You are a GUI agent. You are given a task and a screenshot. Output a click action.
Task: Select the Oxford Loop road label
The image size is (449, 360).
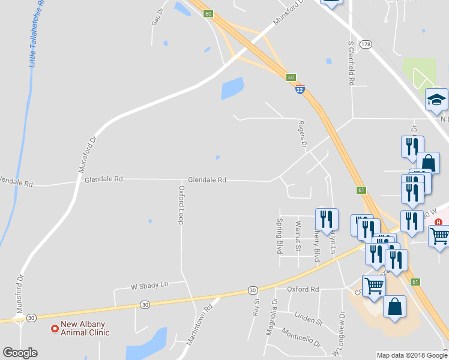[x=180, y=205]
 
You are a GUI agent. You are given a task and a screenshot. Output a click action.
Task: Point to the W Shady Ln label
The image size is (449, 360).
[x=150, y=286]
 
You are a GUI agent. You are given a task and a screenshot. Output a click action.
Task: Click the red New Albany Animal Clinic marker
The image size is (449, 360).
[x=55, y=329]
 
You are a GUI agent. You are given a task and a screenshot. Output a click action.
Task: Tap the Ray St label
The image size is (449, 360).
[x=256, y=307]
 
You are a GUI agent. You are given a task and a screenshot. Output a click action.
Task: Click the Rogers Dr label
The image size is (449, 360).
[x=303, y=134]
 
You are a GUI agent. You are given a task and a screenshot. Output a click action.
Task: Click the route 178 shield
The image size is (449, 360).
[x=366, y=44]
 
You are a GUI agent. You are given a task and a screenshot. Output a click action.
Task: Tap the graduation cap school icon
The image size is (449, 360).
[x=436, y=100]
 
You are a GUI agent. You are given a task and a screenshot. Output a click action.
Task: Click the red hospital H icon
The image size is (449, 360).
[x=439, y=222]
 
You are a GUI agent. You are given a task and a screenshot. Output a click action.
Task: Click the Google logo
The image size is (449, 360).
[x=20, y=353]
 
